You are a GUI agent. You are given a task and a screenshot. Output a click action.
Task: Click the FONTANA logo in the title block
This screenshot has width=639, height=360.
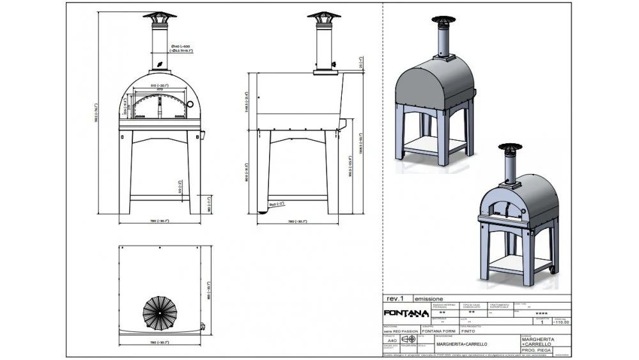click(x=401, y=313)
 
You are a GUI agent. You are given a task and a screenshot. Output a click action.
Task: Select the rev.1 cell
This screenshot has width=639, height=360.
click(x=395, y=299)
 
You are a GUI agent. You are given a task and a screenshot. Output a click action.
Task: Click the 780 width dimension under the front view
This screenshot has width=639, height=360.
click(x=159, y=221)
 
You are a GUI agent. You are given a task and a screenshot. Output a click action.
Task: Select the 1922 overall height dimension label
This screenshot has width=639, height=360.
click(x=97, y=115)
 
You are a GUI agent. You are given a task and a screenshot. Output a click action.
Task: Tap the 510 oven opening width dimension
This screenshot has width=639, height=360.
click(x=158, y=85)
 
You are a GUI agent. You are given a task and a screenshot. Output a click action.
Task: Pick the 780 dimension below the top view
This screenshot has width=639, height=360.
click(x=159, y=343)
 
